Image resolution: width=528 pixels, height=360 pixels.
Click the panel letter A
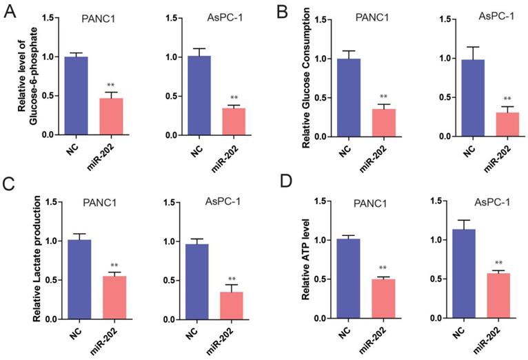click(x=9, y=11)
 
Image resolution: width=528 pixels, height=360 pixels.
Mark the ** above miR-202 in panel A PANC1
click(x=110, y=86)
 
